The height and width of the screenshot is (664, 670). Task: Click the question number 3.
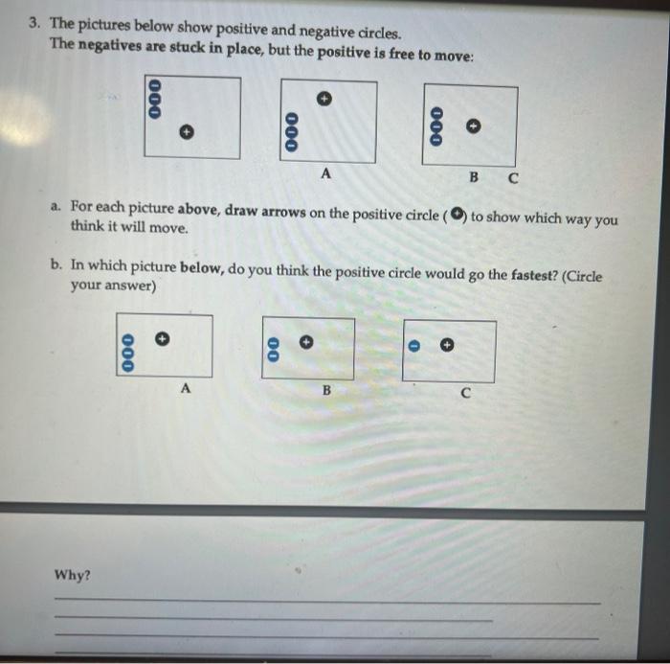(33, 21)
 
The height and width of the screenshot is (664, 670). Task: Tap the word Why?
(73, 575)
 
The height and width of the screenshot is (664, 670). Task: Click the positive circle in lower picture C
(446, 345)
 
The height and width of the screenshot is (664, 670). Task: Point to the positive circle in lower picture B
(306, 339)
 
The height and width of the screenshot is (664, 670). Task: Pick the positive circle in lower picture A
(163, 337)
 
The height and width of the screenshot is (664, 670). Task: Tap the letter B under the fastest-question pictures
(325, 390)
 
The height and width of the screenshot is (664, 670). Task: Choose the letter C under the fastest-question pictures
(465, 393)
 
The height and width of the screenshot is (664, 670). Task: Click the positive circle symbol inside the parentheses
(458, 213)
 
